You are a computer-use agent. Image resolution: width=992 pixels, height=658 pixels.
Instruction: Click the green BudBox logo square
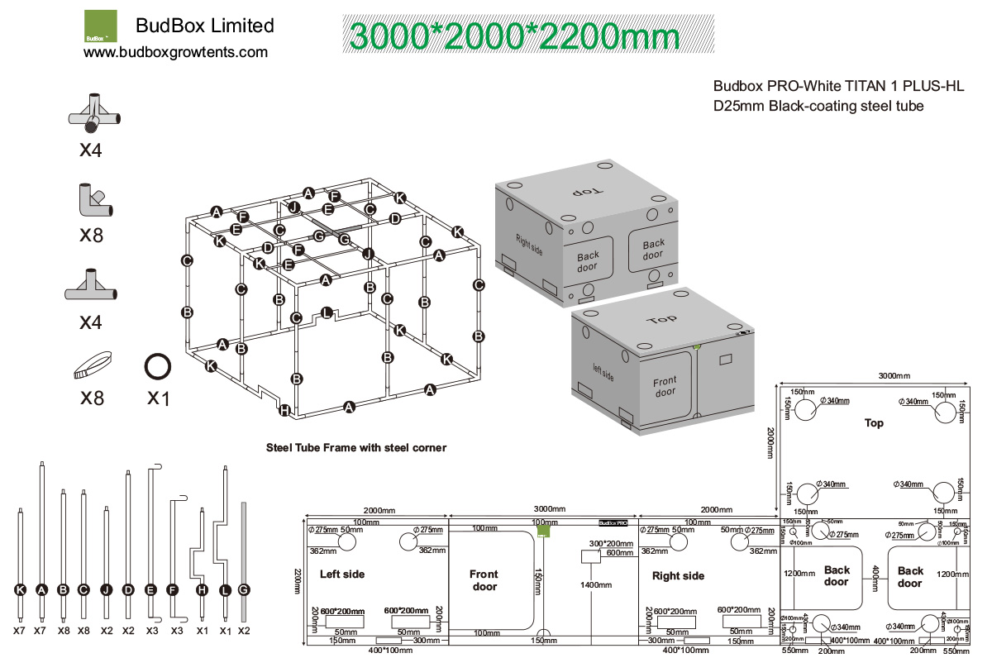point(101,26)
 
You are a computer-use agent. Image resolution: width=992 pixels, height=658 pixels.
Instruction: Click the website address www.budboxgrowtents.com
point(175,52)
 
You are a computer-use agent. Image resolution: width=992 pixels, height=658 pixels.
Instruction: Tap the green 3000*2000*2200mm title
point(514,36)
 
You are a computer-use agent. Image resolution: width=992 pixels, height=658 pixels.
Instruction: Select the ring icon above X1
point(157,365)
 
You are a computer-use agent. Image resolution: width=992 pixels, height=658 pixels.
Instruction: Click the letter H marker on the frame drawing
point(284,410)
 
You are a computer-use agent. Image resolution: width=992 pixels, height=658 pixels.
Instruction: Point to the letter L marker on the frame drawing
point(327,313)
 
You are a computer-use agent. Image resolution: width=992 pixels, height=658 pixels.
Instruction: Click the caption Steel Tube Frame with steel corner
point(355,448)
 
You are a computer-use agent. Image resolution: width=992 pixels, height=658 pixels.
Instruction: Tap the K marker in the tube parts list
point(20,590)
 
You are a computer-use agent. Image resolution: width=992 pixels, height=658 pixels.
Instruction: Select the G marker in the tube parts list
point(243,590)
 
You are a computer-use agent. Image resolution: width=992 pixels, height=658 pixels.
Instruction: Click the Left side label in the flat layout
point(341,574)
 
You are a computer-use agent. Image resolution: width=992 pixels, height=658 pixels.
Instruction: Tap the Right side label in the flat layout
point(678,575)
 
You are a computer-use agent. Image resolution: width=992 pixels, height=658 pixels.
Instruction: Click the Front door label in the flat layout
point(484,580)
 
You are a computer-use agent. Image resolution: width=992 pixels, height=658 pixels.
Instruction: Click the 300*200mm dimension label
point(609,543)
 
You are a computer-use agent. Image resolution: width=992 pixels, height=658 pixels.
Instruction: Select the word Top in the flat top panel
point(874,423)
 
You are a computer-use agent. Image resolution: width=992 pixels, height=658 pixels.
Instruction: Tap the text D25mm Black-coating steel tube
point(818,106)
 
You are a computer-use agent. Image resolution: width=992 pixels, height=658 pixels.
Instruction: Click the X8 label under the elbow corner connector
point(91,235)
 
